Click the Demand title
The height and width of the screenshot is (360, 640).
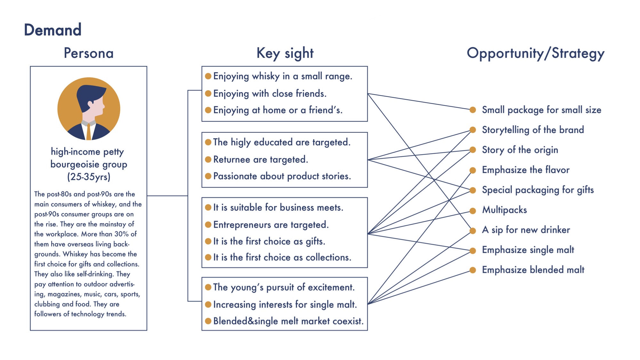coord(53,30)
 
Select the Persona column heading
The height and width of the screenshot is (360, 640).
coord(89,53)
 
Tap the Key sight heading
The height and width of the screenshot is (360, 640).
coord(285,53)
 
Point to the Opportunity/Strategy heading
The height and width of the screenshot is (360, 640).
coord(535,53)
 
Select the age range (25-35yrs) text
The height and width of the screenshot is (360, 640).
coord(89,177)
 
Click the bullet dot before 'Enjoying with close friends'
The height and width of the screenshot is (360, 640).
coord(208,93)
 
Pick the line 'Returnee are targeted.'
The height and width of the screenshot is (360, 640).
coord(260,159)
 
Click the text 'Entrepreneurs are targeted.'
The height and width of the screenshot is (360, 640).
coord(271,225)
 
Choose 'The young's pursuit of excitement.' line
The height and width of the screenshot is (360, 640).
coord(284,287)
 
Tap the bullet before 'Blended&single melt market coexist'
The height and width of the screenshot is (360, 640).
coord(208,321)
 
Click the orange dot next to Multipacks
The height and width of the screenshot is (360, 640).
coord(473,211)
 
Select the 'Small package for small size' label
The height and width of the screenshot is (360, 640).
coord(541,110)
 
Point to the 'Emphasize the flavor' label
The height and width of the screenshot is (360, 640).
coord(526,170)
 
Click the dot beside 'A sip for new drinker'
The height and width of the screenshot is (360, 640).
coord(473,230)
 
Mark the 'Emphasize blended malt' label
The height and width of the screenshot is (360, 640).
coord(533,270)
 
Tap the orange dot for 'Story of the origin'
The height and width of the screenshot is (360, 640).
coord(473,150)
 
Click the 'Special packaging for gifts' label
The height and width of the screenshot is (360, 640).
coord(538,190)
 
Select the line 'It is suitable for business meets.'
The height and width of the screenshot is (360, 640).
coord(278,207)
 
